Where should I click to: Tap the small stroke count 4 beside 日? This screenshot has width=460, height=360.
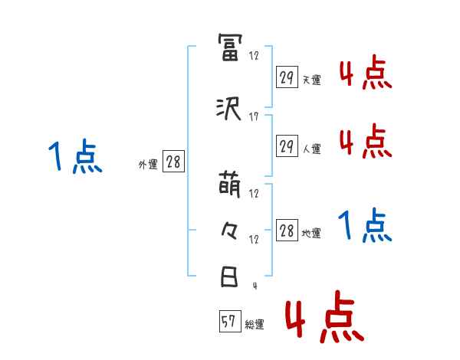point(254,286)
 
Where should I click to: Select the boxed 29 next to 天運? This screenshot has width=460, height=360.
point(287,77)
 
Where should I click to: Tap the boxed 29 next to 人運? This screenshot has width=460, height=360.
point(287,146)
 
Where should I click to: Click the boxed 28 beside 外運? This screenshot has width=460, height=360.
point(173,162)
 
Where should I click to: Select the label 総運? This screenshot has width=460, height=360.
point(255,325)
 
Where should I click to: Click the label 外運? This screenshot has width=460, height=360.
point(148,164)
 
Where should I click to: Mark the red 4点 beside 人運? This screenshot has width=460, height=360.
point(365,141)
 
